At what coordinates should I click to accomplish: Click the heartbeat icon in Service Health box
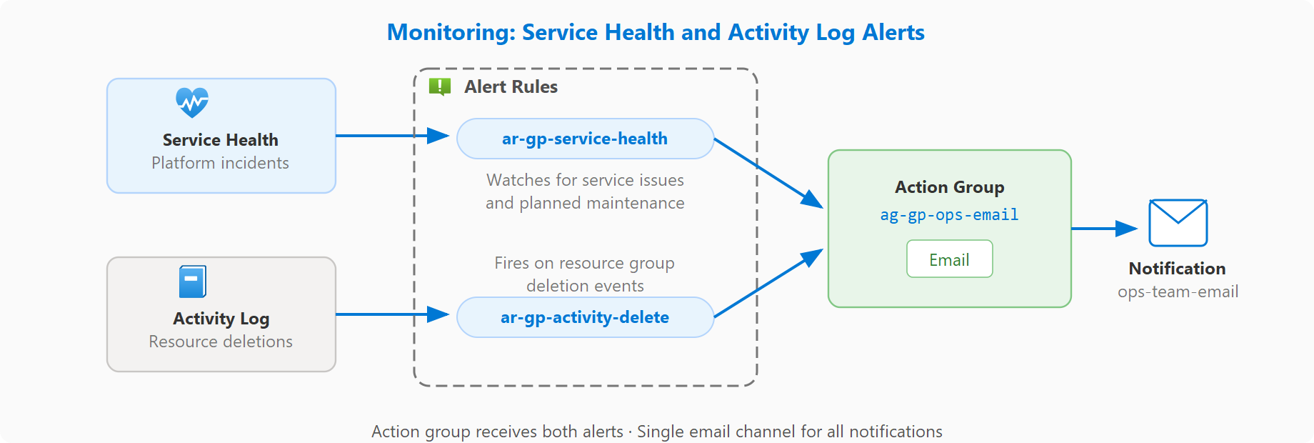(x=192, y=103)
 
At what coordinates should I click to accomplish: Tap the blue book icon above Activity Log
(x=192, y=282)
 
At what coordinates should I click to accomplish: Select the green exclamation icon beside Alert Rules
(x=439, y=86)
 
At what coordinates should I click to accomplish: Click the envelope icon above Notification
(x=1178, y=223)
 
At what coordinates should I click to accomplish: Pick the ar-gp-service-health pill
(x=585, y=139)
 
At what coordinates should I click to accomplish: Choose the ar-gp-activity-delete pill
(x=585, y=317)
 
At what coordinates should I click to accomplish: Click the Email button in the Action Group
(x=949, y=259)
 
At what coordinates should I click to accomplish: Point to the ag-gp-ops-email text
(x=949, y=215)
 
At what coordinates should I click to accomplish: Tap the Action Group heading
(x=949, y=187)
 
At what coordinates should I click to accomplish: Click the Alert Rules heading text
(x=511, y=87)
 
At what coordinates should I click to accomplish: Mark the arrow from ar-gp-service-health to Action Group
(x=768, y=172)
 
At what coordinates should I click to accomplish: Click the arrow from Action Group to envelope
(x=1103, y=229)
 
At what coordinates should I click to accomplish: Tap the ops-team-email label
(x=1178, y=292)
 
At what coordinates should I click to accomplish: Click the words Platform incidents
(x=220, y=163)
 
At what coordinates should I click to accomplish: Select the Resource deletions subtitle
(x=220, y=342)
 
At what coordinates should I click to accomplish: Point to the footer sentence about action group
(x=656, y=432)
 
